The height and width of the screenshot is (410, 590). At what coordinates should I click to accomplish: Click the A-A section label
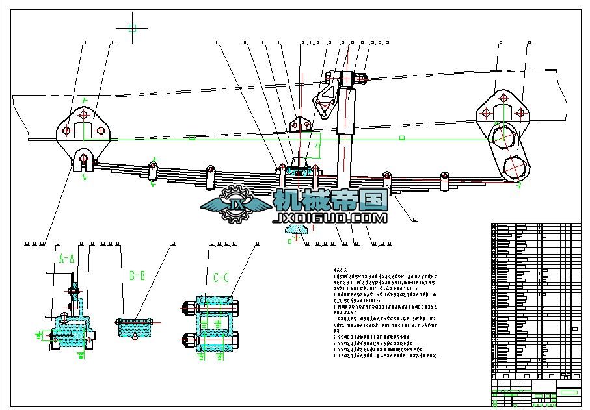(x=67, y=258)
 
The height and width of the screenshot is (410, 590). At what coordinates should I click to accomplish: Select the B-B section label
(x=137, y=276)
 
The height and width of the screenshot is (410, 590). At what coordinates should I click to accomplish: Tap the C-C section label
(x=221, y=278)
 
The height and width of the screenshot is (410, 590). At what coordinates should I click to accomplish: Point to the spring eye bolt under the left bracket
(x=83, y=158)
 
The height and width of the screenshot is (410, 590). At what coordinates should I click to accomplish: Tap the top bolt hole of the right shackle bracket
(x=502, y=98)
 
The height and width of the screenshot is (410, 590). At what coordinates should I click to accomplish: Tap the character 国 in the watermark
(x=373, y=199)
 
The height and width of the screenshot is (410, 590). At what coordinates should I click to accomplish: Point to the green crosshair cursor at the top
(x=132, y=28)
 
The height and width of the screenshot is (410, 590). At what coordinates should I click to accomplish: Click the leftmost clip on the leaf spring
(x=152, y=172)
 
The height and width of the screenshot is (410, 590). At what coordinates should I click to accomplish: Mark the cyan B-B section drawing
(x=135, y=327)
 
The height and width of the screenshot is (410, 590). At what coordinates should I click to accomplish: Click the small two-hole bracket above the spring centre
(x=298, y=124)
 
